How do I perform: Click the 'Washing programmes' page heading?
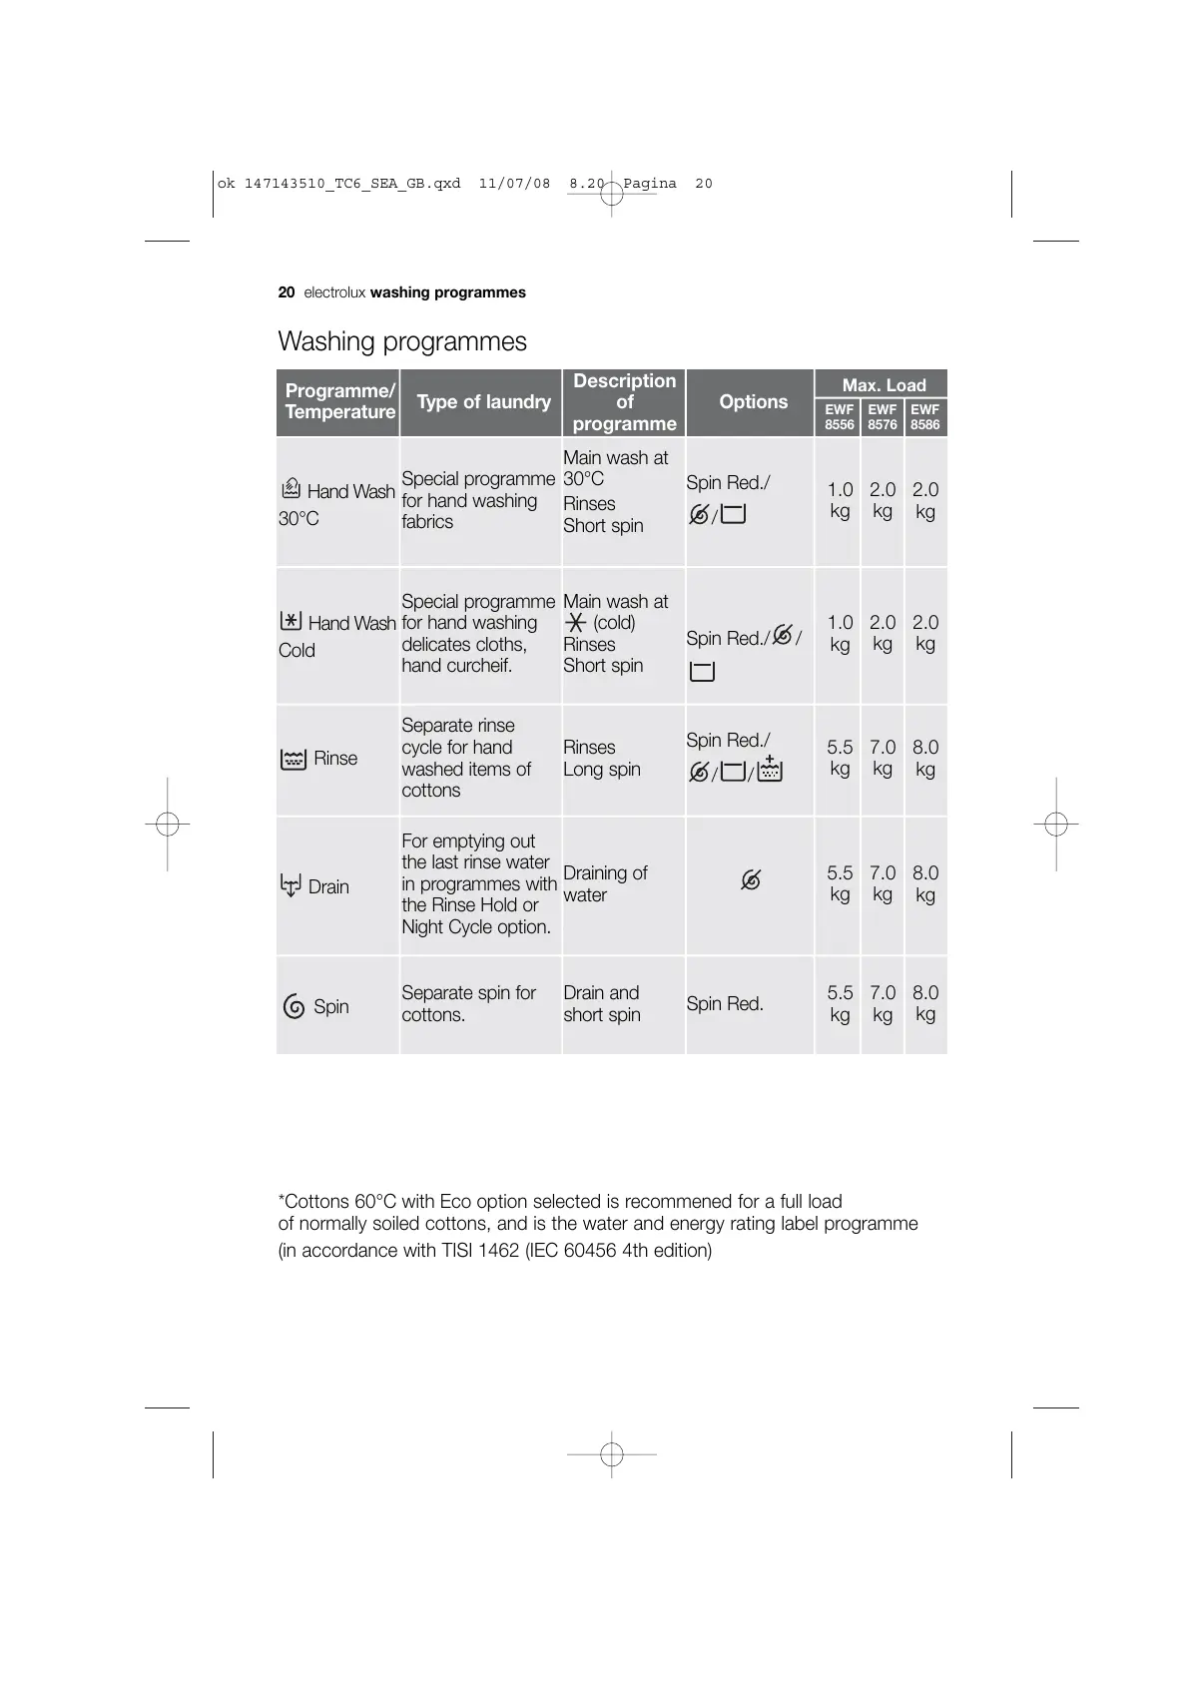coord(401,341)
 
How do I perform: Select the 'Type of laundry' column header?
coord(483,402)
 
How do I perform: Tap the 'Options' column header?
coord(753,402)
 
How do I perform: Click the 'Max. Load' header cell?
coord(884,385)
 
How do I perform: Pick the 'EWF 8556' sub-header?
coord(839,417)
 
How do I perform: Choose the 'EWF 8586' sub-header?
coord(924,417)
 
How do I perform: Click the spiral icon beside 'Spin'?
coord(294,1006)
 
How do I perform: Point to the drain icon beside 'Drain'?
coord(291,885)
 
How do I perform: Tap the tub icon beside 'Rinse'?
coord(294,760)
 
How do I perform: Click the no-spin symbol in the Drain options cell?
coord(751,880)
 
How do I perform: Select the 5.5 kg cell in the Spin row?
coord(840,1003)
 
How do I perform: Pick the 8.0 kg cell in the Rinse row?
coord(924,758)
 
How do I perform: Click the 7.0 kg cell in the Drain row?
coord(883,883)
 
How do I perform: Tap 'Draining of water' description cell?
coord(605,883)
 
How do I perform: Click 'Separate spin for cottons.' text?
coord(468,1003)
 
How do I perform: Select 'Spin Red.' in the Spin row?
coord(725,1004)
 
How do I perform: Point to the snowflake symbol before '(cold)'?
coord(575,623)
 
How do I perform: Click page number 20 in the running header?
coord(287,292)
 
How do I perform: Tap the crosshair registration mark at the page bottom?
coord(612,1454)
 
